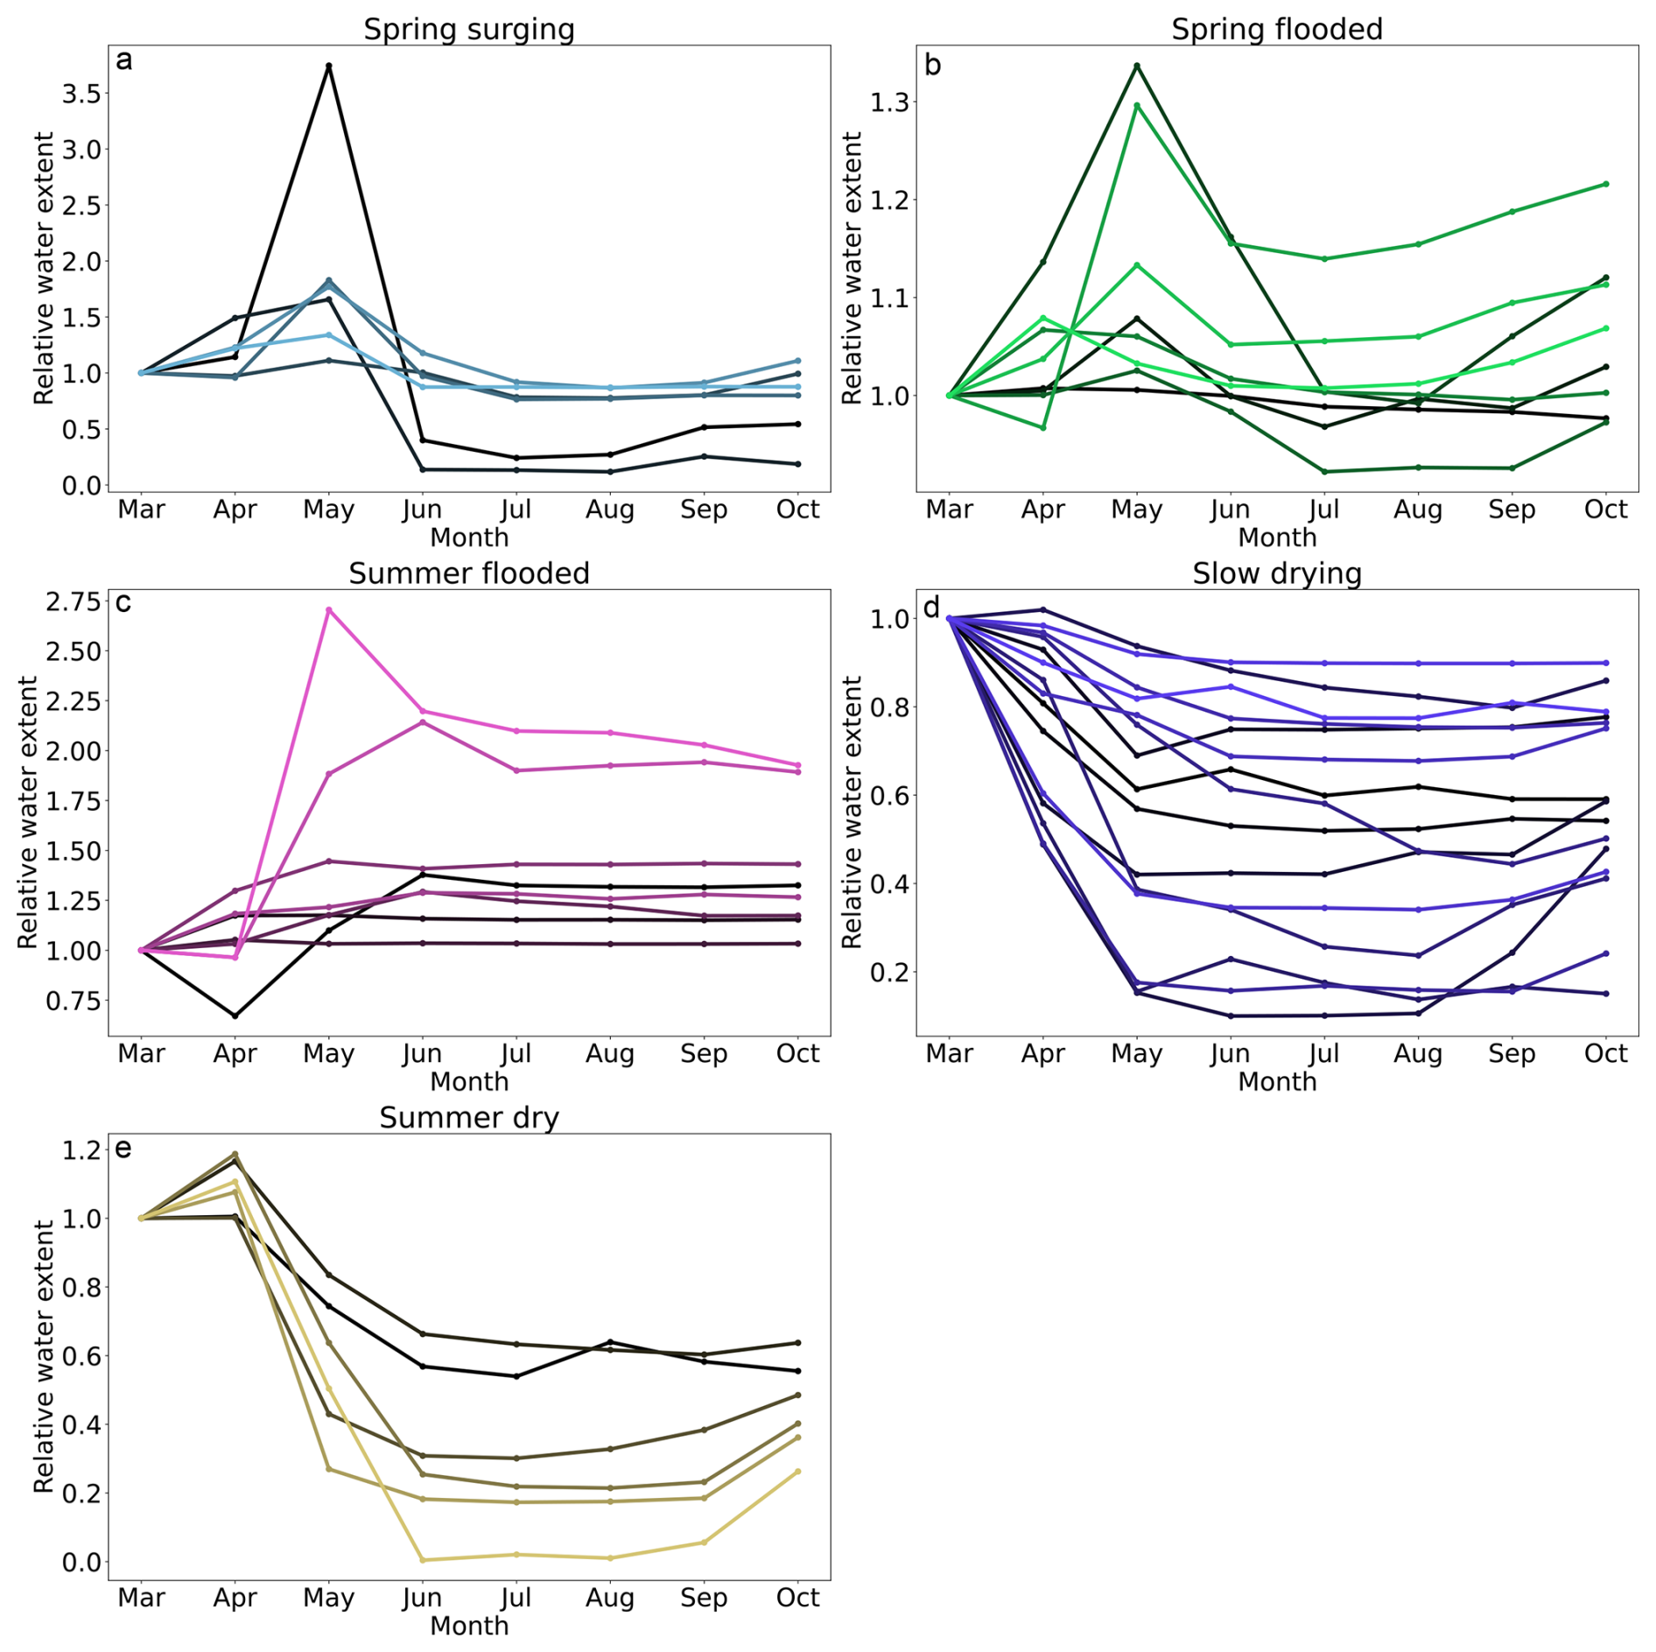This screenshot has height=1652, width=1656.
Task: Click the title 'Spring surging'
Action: coord(469,29)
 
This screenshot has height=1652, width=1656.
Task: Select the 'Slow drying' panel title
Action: coord(1276,573)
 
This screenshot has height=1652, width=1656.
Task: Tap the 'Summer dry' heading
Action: coord(469,1118)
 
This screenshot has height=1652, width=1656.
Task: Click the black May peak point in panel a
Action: coord(329,66)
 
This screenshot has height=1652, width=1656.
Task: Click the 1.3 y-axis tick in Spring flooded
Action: coord(888,102)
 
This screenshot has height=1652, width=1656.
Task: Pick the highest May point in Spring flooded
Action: coord(1137,66)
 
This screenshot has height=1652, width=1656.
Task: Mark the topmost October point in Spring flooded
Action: coord(1606,185)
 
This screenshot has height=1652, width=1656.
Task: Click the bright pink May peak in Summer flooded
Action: coord(329,609)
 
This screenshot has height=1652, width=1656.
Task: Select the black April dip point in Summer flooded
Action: coord(235,1016)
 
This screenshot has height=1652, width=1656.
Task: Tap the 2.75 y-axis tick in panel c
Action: coord(74,601)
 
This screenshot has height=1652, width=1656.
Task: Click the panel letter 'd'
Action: coord(931,607)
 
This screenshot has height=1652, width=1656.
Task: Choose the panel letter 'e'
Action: coord(123,1149)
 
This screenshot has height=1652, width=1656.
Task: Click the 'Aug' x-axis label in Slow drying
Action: coord(1418,1053)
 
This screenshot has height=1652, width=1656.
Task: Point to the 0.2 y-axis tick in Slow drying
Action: coord(888,973)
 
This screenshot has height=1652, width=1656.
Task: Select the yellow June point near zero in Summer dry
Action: coord(423,1560)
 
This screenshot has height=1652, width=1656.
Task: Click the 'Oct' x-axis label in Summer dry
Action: coord(797,1598)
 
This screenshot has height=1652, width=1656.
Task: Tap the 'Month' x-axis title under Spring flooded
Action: coord(1276,538)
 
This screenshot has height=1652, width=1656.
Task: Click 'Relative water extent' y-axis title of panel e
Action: coord(44,1357)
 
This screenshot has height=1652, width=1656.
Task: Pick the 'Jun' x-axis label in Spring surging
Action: coord(422,510)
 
